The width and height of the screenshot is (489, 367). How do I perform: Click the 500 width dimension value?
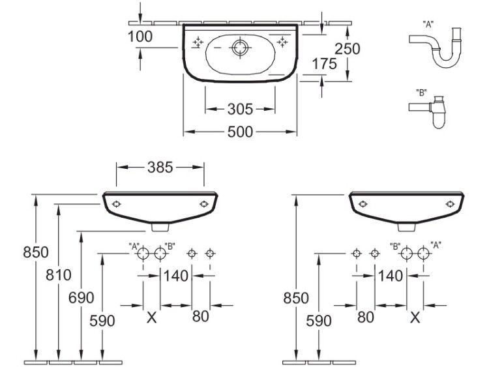click(x=240, y=132)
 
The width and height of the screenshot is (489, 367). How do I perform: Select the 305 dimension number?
click(x=240, y=109)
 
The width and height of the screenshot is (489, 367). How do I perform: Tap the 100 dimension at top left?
click(x=140, y=37)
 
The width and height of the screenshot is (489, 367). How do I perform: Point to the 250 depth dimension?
click(x=347, y=49)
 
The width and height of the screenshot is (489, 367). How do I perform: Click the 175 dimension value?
click(x=325, y=64)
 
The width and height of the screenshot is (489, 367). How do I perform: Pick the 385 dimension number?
click(x=160, y=168)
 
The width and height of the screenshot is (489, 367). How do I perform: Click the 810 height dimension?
click(x=59, y=275)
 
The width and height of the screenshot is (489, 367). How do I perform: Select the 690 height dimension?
click(x=81, y=298)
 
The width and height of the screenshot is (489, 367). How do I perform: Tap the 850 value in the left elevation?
click(x=36, y=252)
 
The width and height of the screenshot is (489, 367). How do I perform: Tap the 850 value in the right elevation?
click(x=296, y=298)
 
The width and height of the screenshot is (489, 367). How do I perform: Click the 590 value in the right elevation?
click(x=319, y=321)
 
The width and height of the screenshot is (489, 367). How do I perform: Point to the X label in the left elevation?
click(x=151, y=317)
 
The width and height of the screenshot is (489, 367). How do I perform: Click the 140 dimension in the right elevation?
click(x=391, y=276)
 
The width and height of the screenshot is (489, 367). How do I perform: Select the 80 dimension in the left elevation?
click(x=200, y=317)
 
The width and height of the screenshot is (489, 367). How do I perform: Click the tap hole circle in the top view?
click(x=240, y=48)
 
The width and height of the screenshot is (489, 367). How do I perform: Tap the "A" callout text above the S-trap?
click(x=428, y=24)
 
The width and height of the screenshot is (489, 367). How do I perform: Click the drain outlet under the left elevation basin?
click(x=160, y=228)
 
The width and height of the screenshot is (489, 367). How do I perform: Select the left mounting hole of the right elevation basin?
click(x=363, y=204)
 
